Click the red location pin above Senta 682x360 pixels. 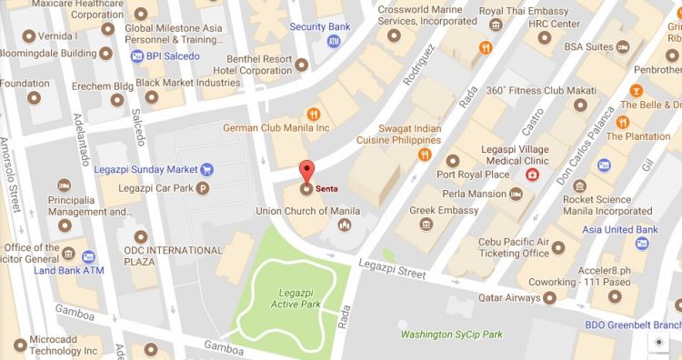306,172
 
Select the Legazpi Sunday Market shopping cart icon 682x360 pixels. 207,168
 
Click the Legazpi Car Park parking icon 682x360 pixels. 203,188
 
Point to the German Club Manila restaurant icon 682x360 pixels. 313,114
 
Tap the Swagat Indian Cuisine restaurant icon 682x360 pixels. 424,155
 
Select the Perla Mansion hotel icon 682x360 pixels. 516,194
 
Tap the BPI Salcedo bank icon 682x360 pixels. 136,56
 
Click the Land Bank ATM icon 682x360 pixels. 89,255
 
